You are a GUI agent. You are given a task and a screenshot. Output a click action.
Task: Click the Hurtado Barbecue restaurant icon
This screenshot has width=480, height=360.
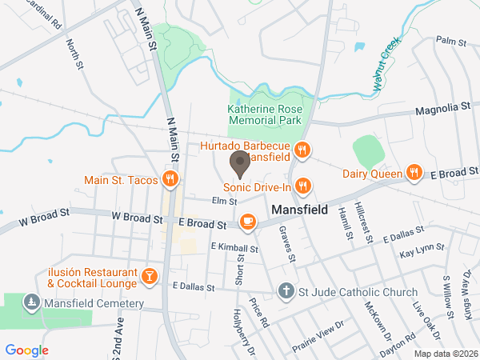[x=302, y=149]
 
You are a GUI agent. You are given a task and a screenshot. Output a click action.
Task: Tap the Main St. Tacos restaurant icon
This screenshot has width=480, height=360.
[x=170, y=178]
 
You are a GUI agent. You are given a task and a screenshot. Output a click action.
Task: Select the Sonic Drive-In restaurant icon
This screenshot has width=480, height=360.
[x=302, y=186]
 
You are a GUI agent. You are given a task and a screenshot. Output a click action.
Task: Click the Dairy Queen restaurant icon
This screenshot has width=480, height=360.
[x=414, y=172]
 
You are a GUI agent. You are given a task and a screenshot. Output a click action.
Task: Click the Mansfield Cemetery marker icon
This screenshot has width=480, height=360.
[x=31, y=303]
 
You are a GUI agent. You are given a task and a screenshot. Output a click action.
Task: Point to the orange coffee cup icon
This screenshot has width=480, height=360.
[x=248, y=220]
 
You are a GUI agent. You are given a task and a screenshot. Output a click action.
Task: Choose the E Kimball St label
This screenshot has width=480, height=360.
[x=234, y=249]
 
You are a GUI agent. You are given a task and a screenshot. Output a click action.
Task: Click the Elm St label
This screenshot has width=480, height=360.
[x=225, y=201]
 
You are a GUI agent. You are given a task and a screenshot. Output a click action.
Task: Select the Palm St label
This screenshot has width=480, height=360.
[x=451, y=40]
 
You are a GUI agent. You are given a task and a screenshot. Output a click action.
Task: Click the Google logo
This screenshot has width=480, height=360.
[x=27, y=350]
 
